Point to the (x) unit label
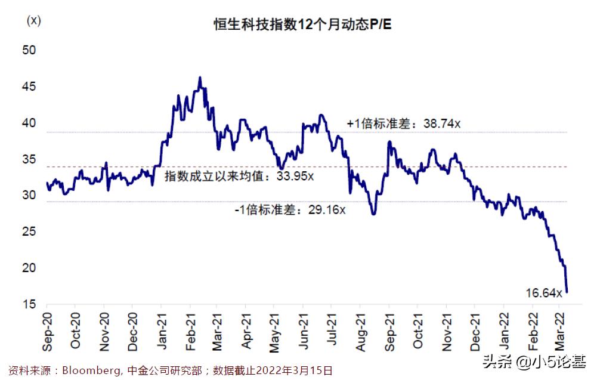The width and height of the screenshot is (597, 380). point(33,20)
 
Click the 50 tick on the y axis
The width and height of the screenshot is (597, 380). point(29,51)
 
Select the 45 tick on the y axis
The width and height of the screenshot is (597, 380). point(29,87)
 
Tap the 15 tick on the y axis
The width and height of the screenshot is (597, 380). point(29,305)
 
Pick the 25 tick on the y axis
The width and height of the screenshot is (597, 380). point(29,232)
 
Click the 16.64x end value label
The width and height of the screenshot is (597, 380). point(544,293)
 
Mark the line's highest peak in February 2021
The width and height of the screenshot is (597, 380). point(200,77)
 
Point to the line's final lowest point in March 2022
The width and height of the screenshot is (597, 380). point(567,292)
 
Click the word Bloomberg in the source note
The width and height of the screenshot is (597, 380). point(87,370)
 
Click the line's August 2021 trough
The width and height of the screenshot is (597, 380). point(373,214)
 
